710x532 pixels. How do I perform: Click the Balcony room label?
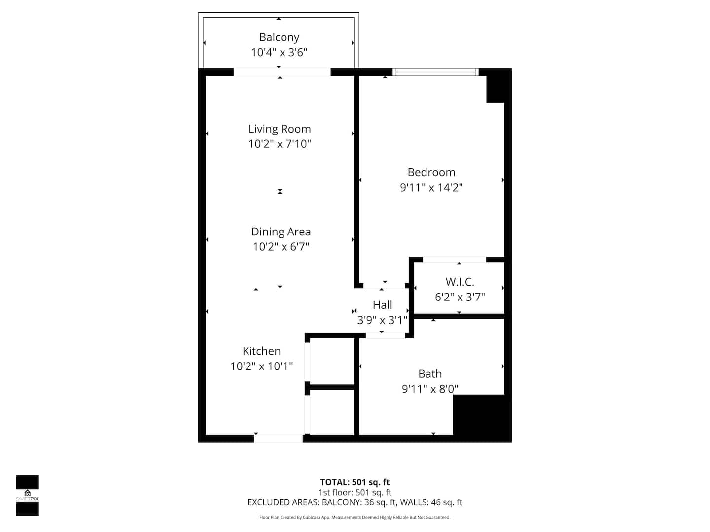279,37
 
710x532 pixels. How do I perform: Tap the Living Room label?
280,129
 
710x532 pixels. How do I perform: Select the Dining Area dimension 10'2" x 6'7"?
281,247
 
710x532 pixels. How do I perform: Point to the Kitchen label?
261,351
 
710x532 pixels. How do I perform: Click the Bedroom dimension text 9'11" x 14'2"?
431,187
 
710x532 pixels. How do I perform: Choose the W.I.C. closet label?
460,282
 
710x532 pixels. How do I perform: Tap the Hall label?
382,305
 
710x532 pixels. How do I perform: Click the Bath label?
430,374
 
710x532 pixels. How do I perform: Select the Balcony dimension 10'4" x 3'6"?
279,52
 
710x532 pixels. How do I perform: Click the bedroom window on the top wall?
435,72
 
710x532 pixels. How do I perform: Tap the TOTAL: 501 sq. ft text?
355,482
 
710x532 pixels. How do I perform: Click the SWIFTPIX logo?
28,495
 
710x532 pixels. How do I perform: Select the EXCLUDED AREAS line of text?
355,502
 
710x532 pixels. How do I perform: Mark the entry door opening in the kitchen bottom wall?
278,438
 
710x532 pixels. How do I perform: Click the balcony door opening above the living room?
282,72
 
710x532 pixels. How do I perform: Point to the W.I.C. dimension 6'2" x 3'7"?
460,297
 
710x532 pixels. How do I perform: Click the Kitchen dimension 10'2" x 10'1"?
261,366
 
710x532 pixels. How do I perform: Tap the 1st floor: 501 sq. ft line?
355,492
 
